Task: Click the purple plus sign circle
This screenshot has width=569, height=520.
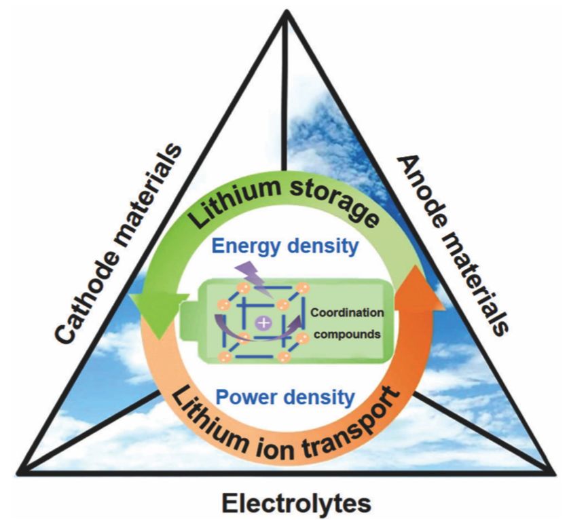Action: click(x=261, y=326)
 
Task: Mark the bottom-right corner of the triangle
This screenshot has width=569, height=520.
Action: click(x=550, y=468)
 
